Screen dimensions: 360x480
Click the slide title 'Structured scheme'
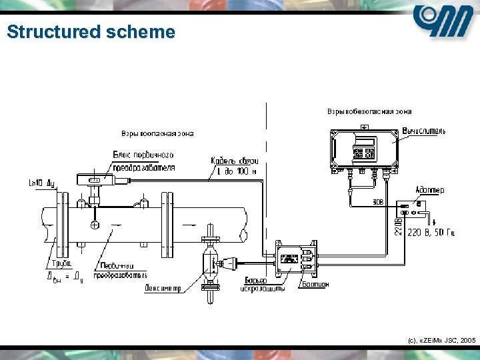[91, 32]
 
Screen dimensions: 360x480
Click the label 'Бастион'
[316, 285]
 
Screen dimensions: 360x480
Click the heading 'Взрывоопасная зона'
[157, 133]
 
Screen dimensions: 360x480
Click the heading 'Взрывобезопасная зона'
[369, 111]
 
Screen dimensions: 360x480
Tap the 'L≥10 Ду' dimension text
[41, 181]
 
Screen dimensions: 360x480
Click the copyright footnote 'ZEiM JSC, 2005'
[440, 340]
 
